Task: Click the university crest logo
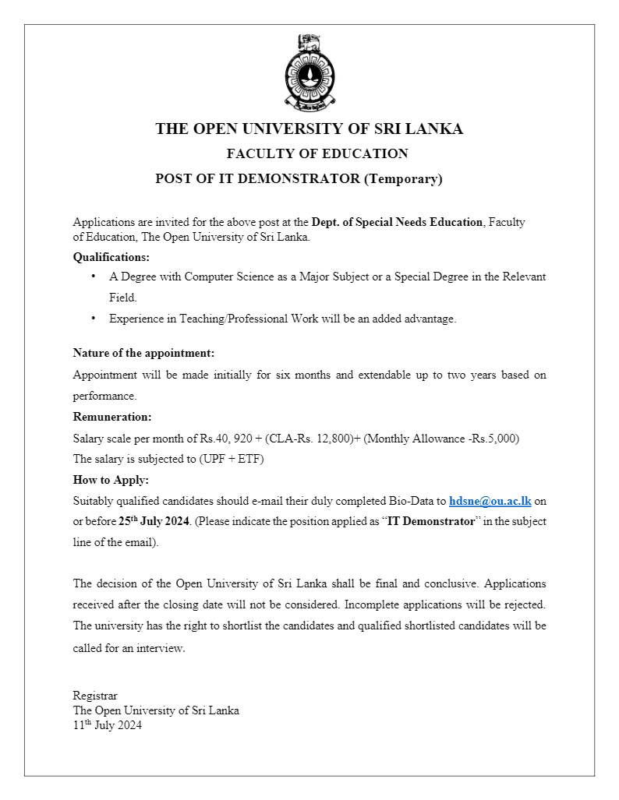tap(309, 72)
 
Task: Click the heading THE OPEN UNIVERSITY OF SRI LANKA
tap(309, 129)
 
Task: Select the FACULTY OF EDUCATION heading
tap(317, 153)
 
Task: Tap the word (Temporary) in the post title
tap(403, 178)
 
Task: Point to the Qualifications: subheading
tap(111, 256)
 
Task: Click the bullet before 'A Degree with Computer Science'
tap(94, 277)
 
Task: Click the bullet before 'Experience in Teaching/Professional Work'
tap(94, 318)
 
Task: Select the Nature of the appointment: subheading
tap(143, 353)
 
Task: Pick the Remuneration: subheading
tap(112, 417)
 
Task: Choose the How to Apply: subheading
tap(111, 480)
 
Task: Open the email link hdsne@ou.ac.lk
tap(490, 501)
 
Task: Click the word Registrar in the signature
tap(95, 696)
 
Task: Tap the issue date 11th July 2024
tap(108, 725)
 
